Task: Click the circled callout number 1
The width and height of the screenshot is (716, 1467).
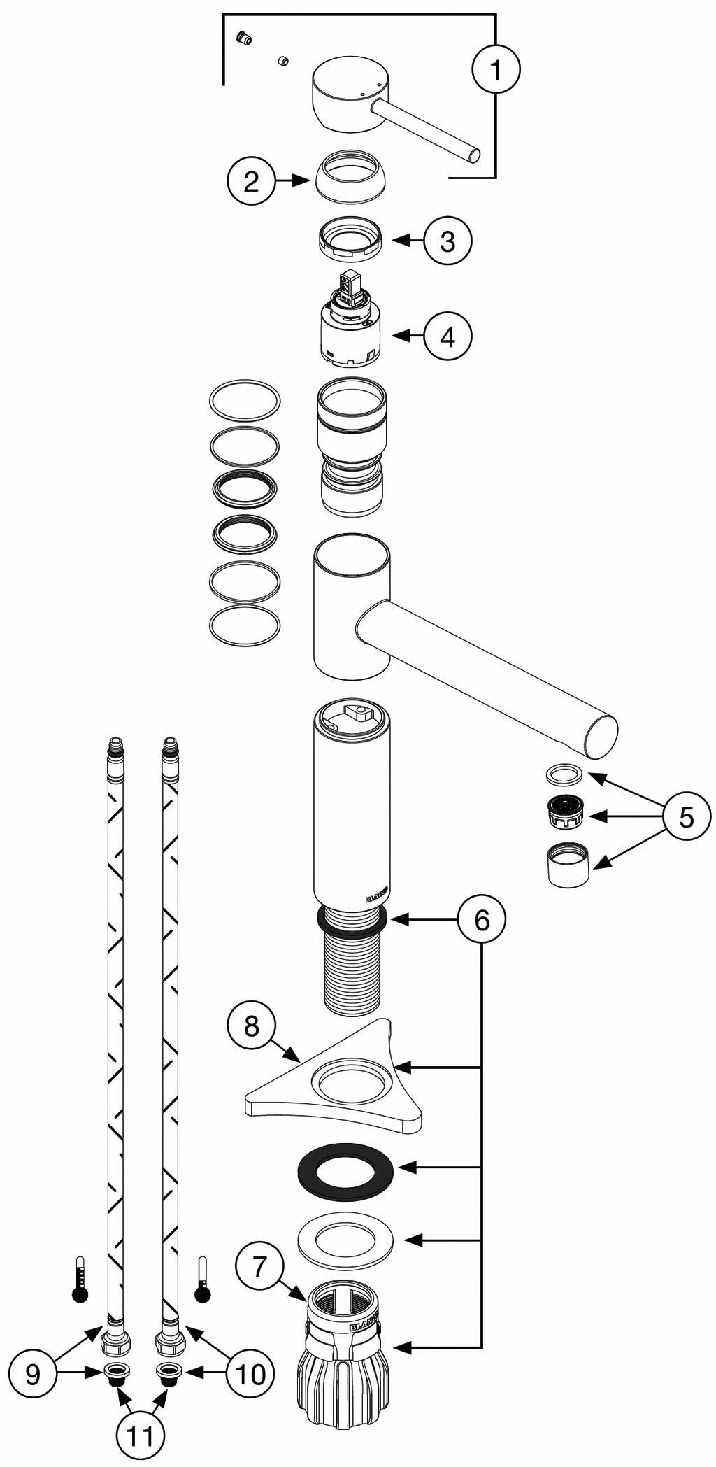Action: (496, 69)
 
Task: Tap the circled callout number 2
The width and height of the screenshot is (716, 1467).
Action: (251, 181)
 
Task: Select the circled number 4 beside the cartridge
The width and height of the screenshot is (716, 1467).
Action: (447, 336)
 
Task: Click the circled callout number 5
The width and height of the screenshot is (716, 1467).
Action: (686, 816)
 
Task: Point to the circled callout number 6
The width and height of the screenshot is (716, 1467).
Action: (482, 919)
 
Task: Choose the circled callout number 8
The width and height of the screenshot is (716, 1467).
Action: (251, 1026)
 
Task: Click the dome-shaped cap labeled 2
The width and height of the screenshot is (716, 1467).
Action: (350, 176)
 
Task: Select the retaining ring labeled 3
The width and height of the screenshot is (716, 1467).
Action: (350, 239)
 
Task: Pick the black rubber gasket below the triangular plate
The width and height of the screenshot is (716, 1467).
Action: (345, 1168)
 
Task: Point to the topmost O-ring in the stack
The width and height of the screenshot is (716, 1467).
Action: (245, 402)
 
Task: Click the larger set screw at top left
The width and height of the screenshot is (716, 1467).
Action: (244, 38)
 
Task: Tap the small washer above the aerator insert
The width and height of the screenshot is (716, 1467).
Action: (563, 774)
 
